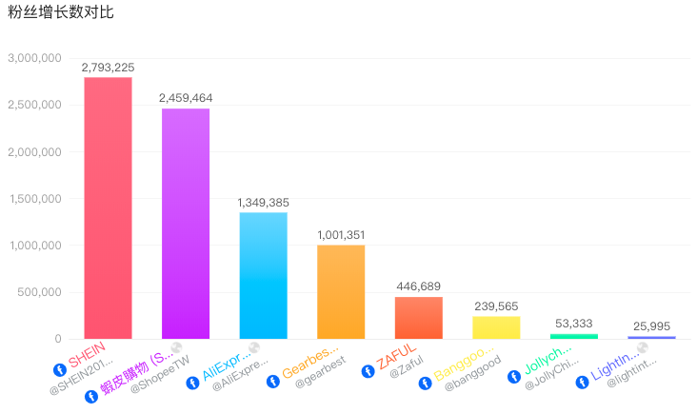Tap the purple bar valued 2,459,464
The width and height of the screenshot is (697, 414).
click(186, 224)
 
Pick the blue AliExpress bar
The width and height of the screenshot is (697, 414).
click(263, 275)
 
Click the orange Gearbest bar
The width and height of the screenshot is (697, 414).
click(341, 291)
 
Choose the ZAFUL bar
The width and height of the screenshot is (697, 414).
click(419, 318)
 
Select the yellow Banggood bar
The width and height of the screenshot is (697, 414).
click(496, 327)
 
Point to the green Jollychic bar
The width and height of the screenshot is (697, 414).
click(574, 336)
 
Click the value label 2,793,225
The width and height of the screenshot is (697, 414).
click(108, 68)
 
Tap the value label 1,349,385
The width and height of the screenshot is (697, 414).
click(263, 203)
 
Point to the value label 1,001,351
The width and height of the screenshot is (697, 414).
click(341, 235)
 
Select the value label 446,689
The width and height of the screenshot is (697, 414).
click(419, 286)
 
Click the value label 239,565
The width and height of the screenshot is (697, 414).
click(496, 306)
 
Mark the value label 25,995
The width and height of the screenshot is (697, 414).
click(651, 326)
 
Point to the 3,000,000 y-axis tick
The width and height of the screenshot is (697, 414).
click(34, 58)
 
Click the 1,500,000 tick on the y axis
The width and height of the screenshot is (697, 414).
click(34, 199)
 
